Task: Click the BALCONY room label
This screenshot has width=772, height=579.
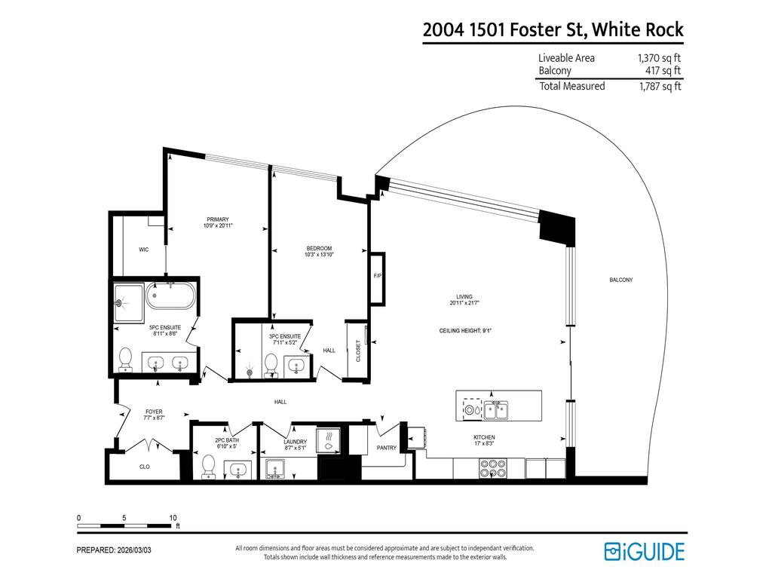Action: (620, 280)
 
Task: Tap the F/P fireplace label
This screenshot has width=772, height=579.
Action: (378, 277)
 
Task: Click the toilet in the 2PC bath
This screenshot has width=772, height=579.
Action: (209, 465)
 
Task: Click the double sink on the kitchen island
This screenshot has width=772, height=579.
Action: (495, 410)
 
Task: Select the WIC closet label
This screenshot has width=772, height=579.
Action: (143, 250)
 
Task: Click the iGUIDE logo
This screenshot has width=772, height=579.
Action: (644, 551)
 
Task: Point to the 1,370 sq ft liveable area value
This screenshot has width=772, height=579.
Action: (660, 58)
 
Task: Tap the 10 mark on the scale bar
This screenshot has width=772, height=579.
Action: (173, 518)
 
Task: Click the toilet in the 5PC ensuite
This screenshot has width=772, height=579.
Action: (126, 360)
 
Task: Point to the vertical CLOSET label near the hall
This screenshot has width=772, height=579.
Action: (358, 351)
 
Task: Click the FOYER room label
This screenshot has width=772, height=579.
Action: (154, 412)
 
